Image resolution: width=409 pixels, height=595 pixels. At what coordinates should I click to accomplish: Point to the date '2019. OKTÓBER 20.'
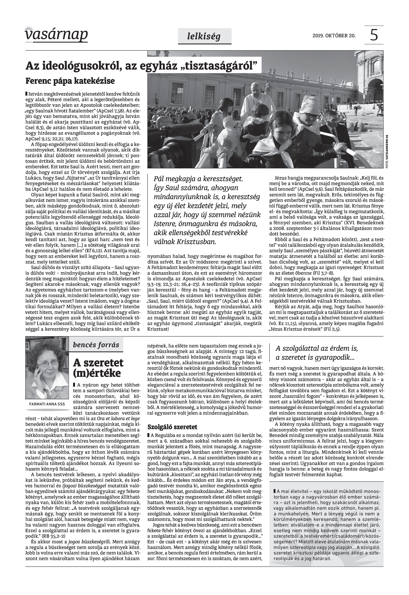point(334,36)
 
